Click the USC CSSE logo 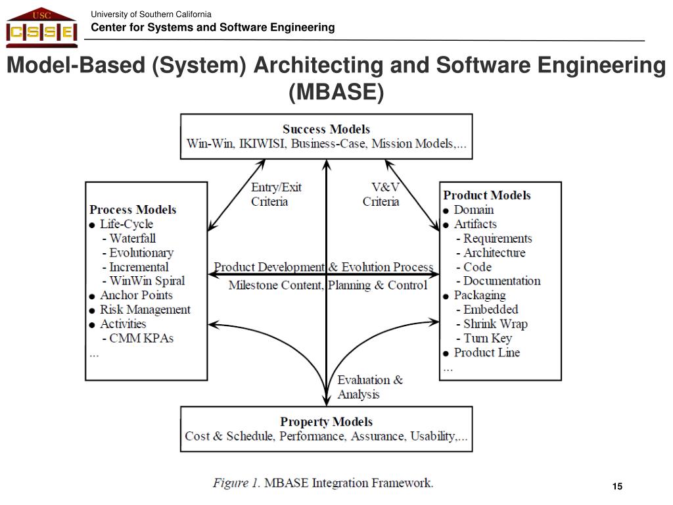(41, 28)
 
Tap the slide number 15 (616, 487)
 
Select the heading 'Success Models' (326, 130)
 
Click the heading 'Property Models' (326, 421)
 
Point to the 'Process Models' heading (133, 210)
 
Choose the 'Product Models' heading (487, 195)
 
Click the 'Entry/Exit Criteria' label (276, 195)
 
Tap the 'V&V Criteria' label (381, 195)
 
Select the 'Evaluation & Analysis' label (370, 387)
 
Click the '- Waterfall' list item (129, 238)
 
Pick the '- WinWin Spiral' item (143, 281)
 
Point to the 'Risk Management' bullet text (145, 310)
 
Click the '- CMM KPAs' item (137, 338)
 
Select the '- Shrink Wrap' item (491, 324)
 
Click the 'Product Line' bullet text (486, 352)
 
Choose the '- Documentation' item (498, 281)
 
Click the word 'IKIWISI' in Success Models (263, 144)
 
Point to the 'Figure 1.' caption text (236, 483)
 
